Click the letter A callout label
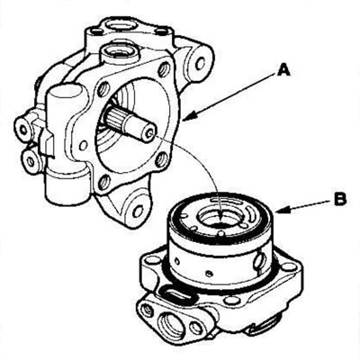coord(283,71)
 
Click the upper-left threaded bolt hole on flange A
coord(105,89)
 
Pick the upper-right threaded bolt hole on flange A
coord(164,69)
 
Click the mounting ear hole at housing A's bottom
coord(139,211)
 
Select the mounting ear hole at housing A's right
coord(201,62)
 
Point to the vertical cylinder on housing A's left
coord(66,144)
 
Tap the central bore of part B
coord(219,217)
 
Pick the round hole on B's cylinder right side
coord(260,258)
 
